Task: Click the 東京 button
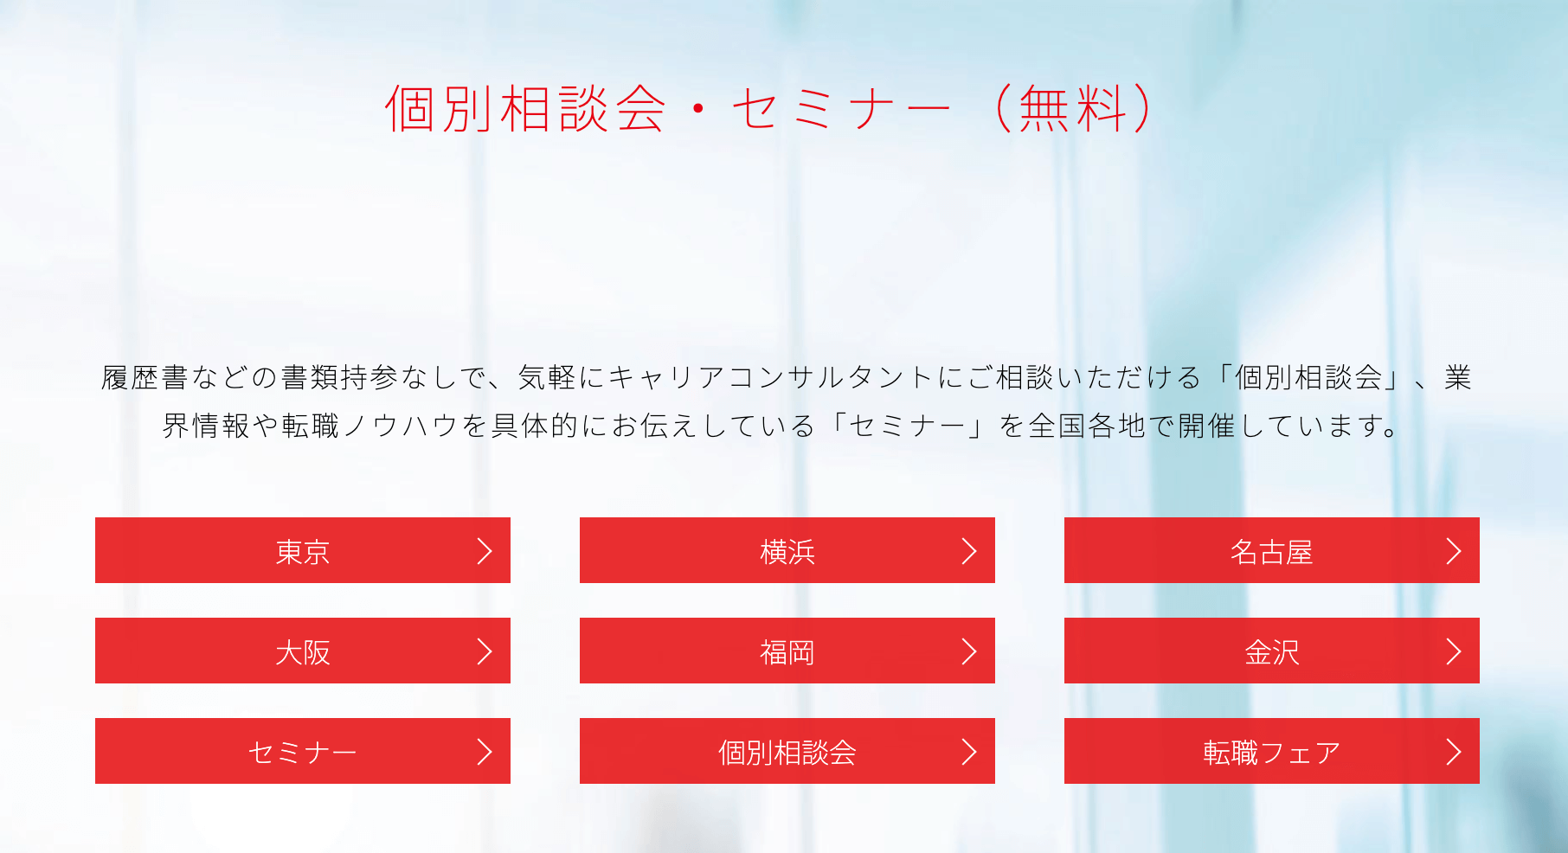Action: click(302, 551)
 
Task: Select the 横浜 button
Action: click(787, 551)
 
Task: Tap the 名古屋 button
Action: click(1271, 551)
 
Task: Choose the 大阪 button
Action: click(302, 651)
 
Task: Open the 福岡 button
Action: click(787, 651)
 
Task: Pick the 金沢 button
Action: click(1271, 651)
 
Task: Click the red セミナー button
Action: click(302, 752)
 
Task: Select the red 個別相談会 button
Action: click(787, 752)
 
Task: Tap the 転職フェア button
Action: click(1271, 752)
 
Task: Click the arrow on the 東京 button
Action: click(485, 551)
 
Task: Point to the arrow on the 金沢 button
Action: click(1454, 651)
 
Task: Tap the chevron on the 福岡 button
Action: click(969, 651)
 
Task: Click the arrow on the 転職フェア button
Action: click(1454, 752)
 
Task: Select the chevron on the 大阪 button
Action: click(485, 651)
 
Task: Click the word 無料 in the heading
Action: click(1073, 109)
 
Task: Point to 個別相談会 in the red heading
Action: click(525, 109)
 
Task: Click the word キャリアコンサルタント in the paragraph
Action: click(770, 378)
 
